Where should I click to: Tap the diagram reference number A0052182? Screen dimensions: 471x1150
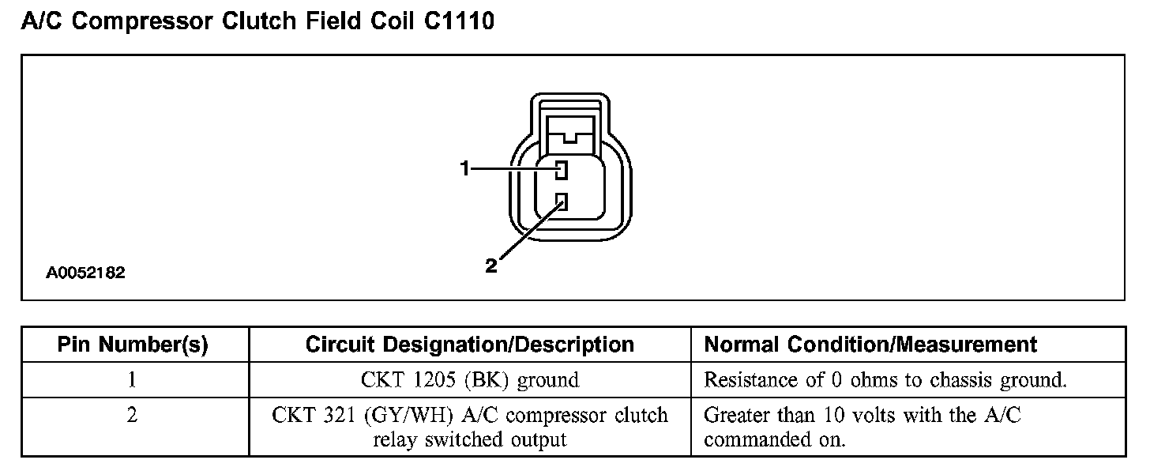[x=85, y=273]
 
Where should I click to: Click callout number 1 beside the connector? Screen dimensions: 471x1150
[x=466, y=168]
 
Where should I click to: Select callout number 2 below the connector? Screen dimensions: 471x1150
[x=491, y=266]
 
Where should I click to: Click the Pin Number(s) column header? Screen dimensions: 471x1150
[x=133, y=345]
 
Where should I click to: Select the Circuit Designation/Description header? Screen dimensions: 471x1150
[x=469, y=345]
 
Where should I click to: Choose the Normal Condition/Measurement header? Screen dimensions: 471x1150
[x=870, y=345]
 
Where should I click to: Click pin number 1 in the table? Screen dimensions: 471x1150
[x=132, y=380]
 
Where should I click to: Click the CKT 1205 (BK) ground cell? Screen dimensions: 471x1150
[x=469, y=380]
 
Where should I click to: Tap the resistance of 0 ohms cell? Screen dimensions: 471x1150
[x=885, y=380]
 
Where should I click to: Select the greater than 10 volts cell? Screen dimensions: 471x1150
[x=862, y=427]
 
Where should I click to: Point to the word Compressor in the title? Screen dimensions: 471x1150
[x=143, y=21]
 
